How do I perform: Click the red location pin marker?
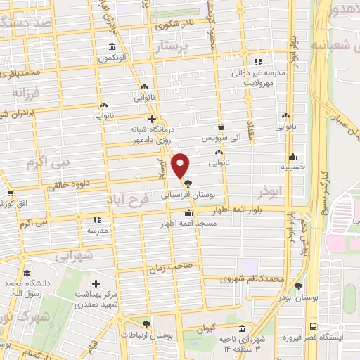(x=181, y=166)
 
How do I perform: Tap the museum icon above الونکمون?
(x=112, y=48)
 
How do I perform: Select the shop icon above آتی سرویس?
(x=221, y=127)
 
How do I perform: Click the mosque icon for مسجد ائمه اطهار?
(x=188, y=214)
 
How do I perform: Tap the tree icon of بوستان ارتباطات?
(x=146, y=324)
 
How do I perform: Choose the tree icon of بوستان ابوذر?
(x=299, y=286)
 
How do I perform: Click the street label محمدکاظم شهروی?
(x=252, y=279)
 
